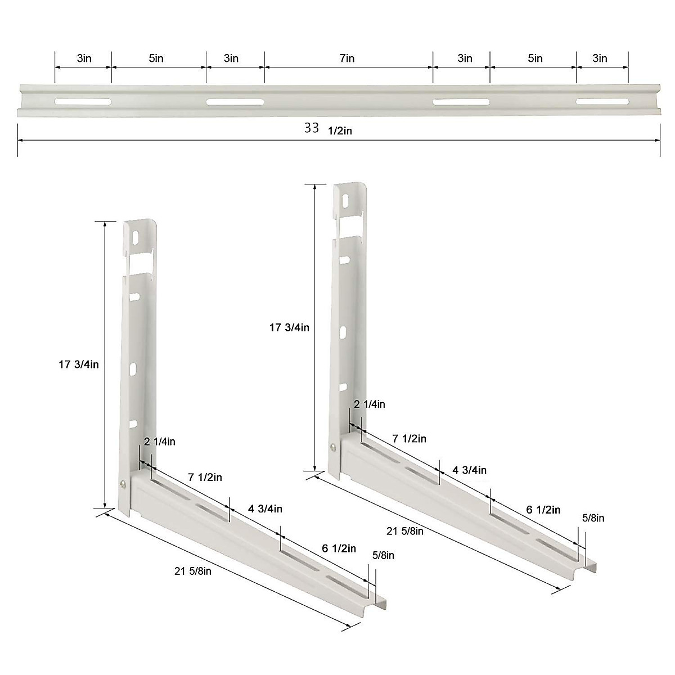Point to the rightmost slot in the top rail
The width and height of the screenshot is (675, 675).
pyautogui.click(x=601, y=102)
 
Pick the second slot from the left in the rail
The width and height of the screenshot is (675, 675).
pyautogui.click(x=235, y=102)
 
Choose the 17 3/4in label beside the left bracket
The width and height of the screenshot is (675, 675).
pyautogui.click(x=79, y=364)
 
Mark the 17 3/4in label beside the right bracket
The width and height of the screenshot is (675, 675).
pyautogui.click(x=289, y=327)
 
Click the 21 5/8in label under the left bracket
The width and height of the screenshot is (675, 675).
pyautogui.click(x=193, y=571)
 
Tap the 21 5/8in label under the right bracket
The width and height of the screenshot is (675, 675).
pyautogui.click(x=405, y=530)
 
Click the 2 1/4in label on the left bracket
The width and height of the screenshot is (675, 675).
pyautogui.click(x=160, y=442)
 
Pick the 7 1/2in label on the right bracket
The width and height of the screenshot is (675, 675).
pyautogui.click(x=409, y=438)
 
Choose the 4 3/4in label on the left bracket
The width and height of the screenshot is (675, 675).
pyautogui.click(x=265, y=509)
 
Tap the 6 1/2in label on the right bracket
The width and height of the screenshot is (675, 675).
pyautogui.click(x=543, y=510)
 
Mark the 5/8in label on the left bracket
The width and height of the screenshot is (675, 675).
pyautogui.click(x=383, y=555)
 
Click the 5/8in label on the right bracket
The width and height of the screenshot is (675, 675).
pyautogui.click(x=593, y=517)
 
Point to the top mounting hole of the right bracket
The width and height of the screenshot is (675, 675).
pyautogui.click(x=345, y=201)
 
